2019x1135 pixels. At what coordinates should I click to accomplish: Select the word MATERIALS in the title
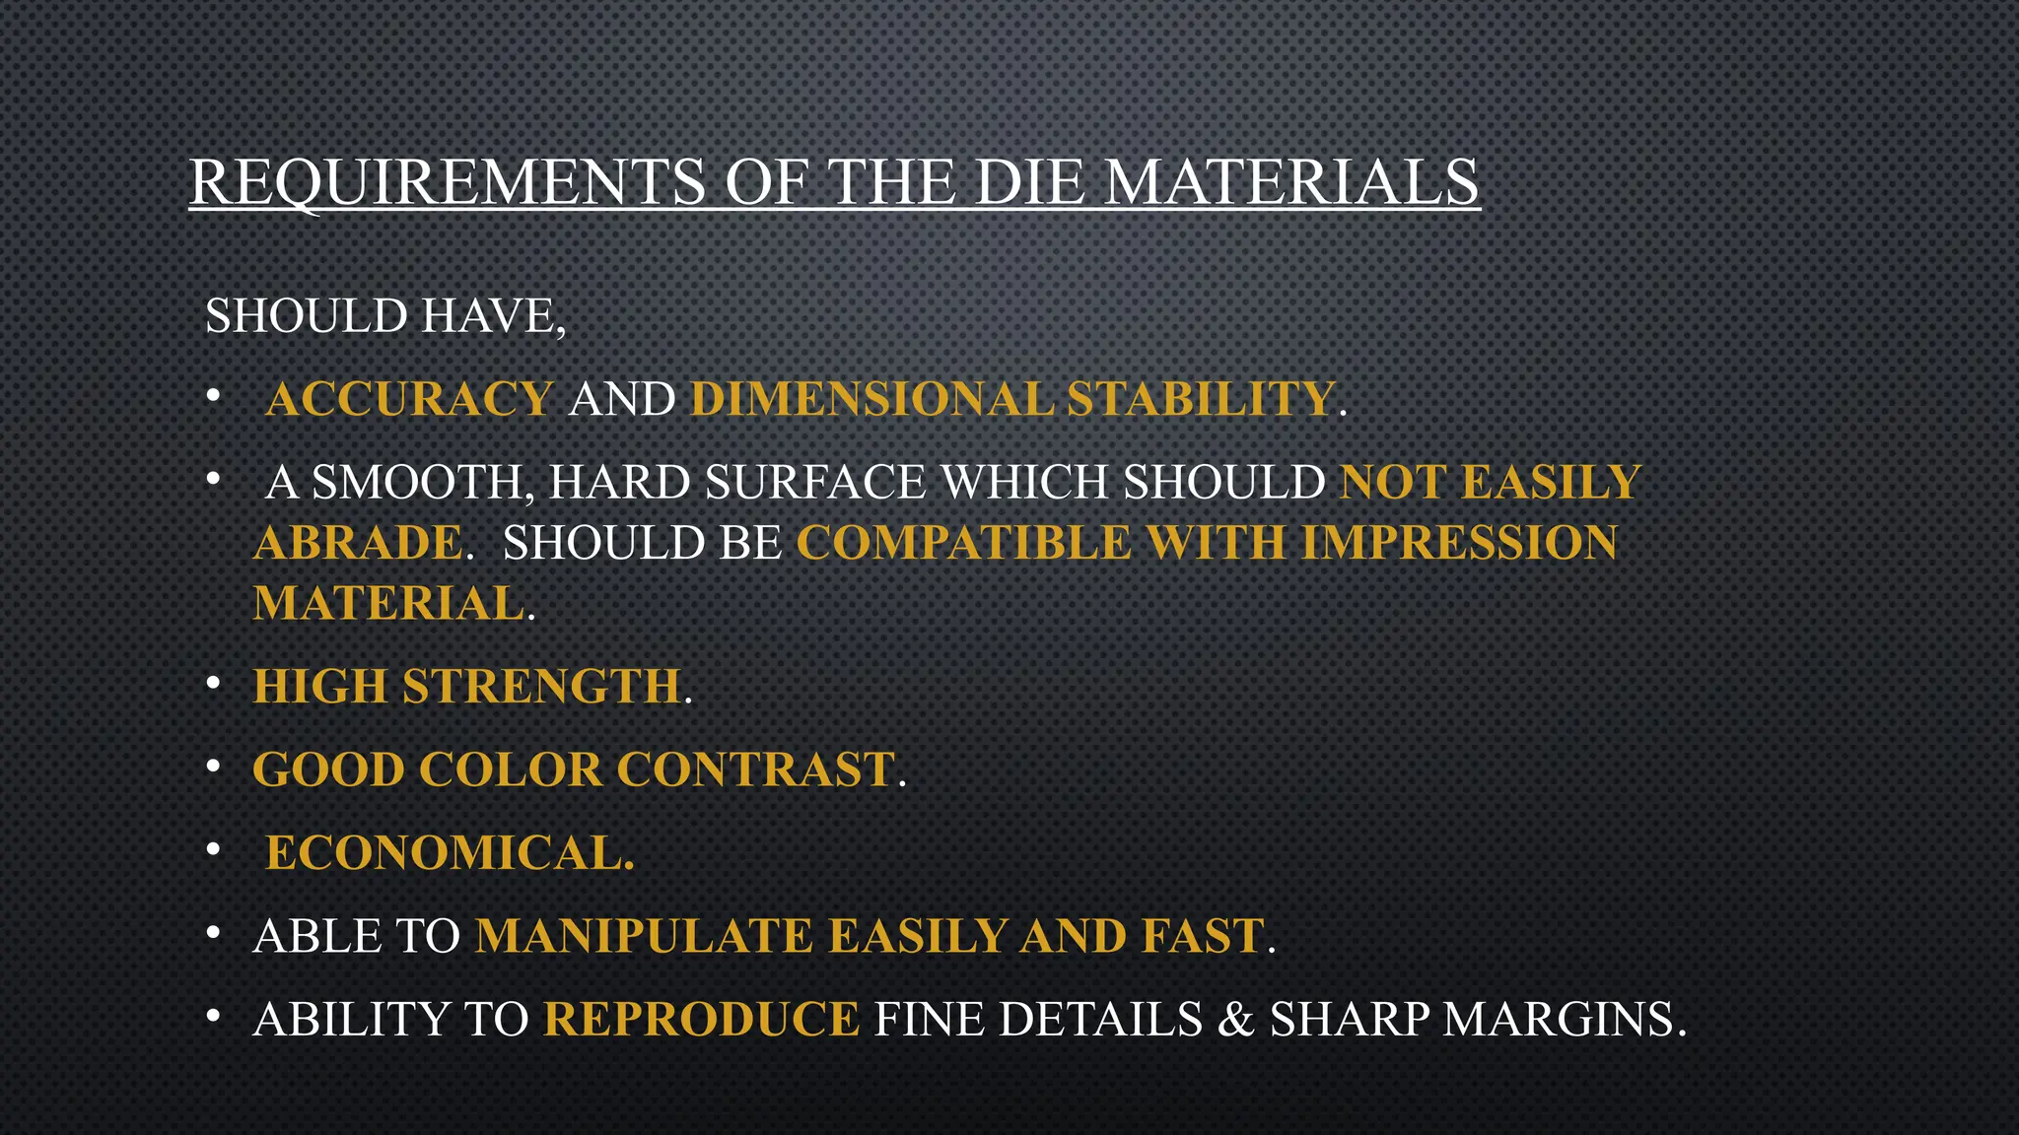[1291, 182]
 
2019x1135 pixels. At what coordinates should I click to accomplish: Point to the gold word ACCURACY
[409, 399]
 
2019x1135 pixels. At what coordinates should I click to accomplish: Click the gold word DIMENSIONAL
[871, 399]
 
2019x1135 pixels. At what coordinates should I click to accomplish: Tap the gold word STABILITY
[1201, 399]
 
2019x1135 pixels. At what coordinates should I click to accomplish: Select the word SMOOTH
[422, 483]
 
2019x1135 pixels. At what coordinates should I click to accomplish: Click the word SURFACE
[815, 483]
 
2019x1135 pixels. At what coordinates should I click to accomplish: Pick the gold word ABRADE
[358, 543]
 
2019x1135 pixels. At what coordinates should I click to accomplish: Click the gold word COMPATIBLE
[964, 543]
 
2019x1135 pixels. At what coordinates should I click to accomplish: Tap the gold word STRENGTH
[541, 687]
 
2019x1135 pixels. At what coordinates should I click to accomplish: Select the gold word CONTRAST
[755, 769]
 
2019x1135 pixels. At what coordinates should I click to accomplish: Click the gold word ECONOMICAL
[449, 853]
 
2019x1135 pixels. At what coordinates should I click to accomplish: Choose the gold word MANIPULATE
[644, 936]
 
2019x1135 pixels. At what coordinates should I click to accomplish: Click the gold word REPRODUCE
[702, 1020]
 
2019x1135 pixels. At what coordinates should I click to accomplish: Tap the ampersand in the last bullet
[1235, 1020]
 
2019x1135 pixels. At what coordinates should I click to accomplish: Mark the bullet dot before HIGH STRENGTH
[213, 683]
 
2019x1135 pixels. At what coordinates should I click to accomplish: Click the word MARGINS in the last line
[1564, 1020]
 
